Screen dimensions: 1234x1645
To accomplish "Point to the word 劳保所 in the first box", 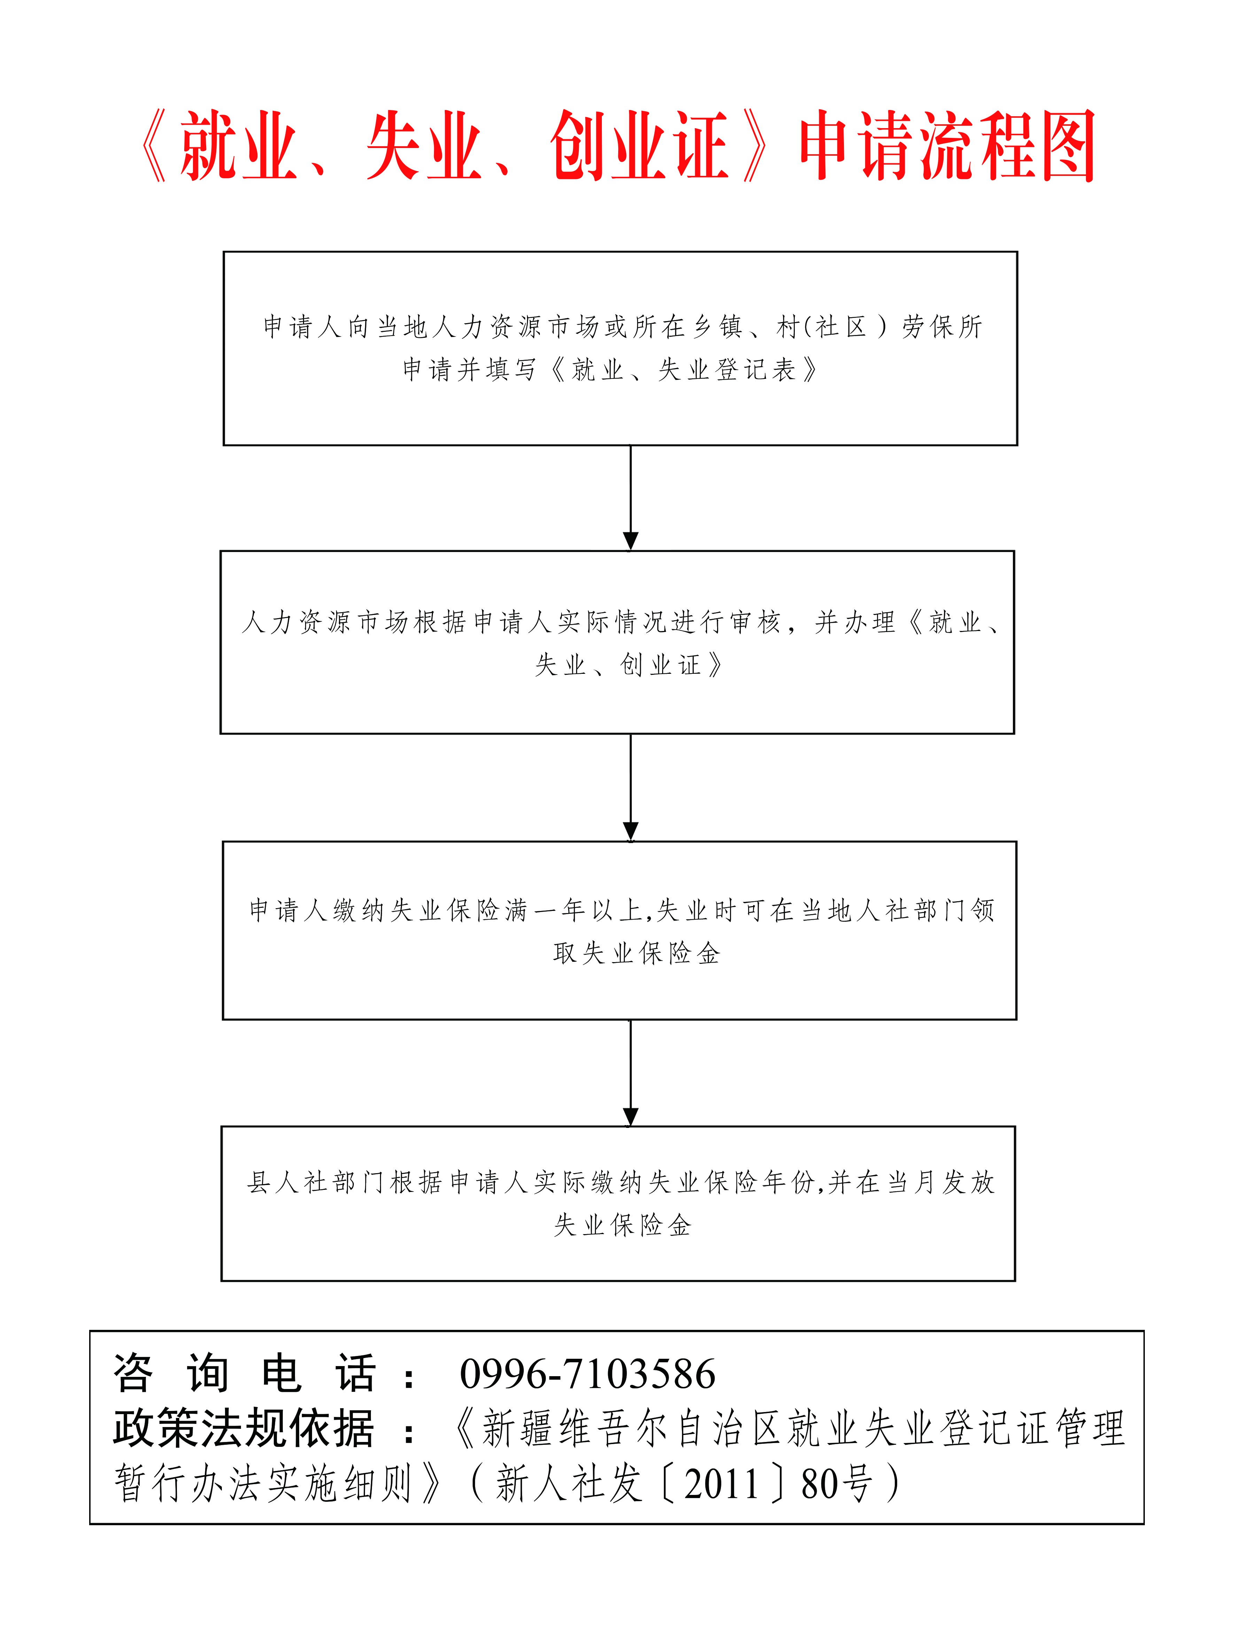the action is coord(942,327).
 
